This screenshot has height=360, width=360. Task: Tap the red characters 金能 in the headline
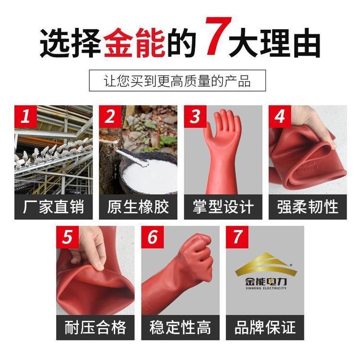135,43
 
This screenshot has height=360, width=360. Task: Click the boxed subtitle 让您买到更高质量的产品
177,81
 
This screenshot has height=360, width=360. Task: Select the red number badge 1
25,117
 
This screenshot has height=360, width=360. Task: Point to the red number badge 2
110,117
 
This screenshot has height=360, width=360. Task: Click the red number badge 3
195,117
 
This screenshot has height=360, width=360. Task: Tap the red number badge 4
280,117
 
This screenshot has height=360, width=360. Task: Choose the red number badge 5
68,237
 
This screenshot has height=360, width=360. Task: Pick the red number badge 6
153,237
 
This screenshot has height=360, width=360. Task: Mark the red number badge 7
237,237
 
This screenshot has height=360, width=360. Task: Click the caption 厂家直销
53,207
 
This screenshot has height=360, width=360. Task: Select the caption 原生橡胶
138,207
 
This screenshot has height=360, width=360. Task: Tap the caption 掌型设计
223,207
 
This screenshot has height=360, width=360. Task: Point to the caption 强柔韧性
308,207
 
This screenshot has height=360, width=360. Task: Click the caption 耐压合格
96,327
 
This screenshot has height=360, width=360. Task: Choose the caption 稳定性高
180,327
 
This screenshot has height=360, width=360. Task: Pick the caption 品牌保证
265,327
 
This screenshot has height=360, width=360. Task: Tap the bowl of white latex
149,173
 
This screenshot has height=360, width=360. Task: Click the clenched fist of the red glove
197,256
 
